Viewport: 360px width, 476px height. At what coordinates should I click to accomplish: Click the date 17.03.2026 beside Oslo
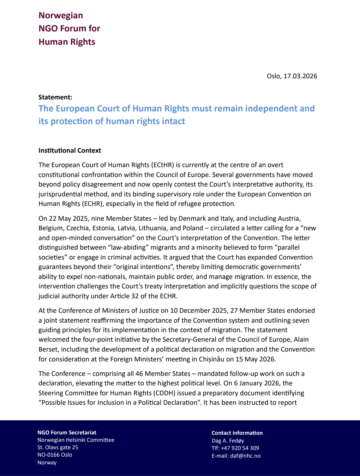pyautogui.click(x=300, y=76)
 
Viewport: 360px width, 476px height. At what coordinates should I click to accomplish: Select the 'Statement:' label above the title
pyautogui.click(x=55, y=97)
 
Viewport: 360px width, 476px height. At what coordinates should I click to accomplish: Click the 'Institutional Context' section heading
pyautogui.click(x=70, y=151)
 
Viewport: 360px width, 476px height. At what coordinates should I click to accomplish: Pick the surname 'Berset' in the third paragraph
pyautogui.click(x=49, y=349)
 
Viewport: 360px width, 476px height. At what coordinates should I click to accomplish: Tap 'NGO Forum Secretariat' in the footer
pyautogui.click(x=67, y=433)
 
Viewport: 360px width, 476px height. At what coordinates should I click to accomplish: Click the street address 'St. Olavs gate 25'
pyautogui.click(x=58, y=447)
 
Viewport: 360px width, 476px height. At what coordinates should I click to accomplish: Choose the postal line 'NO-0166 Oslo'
pyautogui.click(x=55, y=455)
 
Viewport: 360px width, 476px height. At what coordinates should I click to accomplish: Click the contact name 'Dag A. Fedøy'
pyautogui.click(x=228, y=441)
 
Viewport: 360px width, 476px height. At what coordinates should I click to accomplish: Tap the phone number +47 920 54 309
pyautogui.click(x=240, y=448)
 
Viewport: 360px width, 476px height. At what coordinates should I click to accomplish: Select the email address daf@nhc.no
pyautogui.click(x=245, y=456)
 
